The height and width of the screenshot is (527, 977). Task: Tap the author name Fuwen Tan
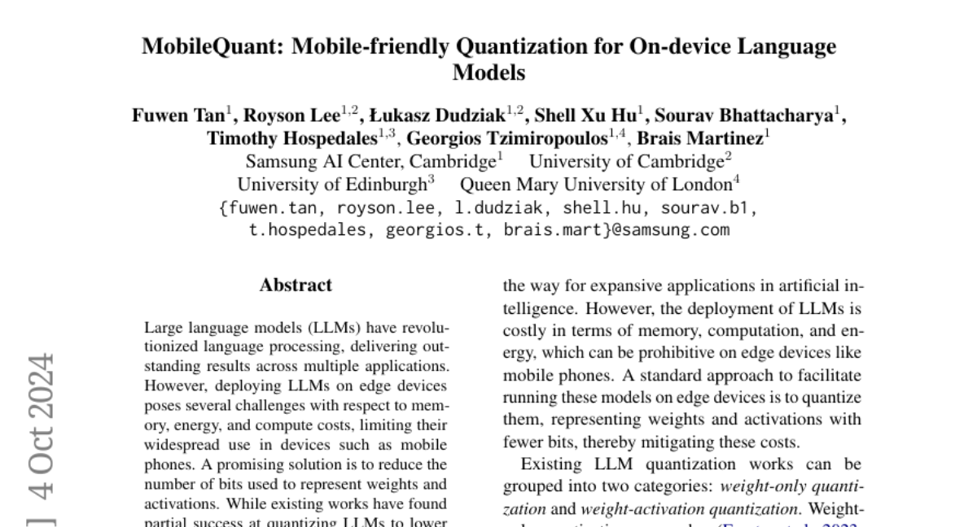(178, 115)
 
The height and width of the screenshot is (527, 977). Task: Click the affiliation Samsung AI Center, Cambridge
(371, 161)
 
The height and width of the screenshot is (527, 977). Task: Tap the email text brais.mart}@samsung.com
(616, 230)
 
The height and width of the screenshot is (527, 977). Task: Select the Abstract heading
(296, 285)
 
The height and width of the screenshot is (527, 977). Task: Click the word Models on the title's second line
(488, 72)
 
